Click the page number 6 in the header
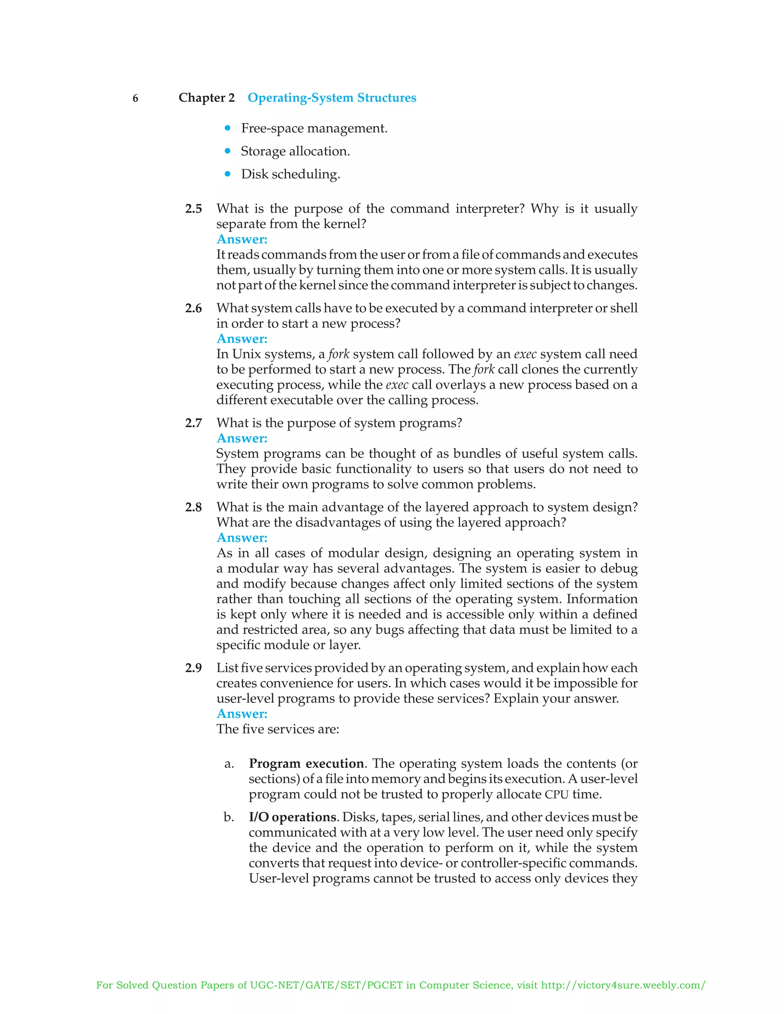click(x=135, y=98)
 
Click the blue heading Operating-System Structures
click(x=332, y=98)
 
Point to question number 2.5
click(x=193, y=209)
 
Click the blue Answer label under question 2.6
click(x=242, y=339)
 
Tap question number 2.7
click(x=193, y=423)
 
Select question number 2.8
click(x=193, y=507)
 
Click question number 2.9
click(x=193, y=668)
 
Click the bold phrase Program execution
click(x=306, y=764)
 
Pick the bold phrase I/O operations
click(x=292, y=817)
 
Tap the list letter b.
click(x=229, y=817)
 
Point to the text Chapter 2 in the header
click(x=207, y=98)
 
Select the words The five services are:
click(x=278, y=729)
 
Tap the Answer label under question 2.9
click(x=242, y=714)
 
